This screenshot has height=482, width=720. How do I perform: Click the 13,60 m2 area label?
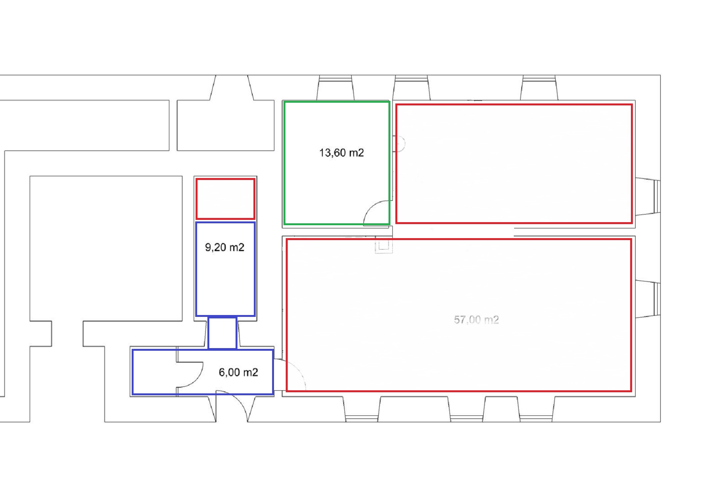pos(341,153)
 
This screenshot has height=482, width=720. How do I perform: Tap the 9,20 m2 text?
pos(225,248)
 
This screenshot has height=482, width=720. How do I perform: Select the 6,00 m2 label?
pos(238,372)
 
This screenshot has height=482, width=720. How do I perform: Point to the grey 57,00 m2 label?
pos(476,320)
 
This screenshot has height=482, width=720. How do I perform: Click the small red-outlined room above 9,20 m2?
pos(225,199)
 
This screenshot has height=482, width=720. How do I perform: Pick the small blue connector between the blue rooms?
pos(222,333)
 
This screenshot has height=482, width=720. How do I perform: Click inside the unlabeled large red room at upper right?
pos(514,164)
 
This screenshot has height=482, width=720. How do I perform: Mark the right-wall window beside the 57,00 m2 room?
pos(648,299)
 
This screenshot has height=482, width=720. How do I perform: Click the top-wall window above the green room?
pos(335,87)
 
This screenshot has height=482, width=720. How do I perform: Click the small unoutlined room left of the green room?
pos(226,126)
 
